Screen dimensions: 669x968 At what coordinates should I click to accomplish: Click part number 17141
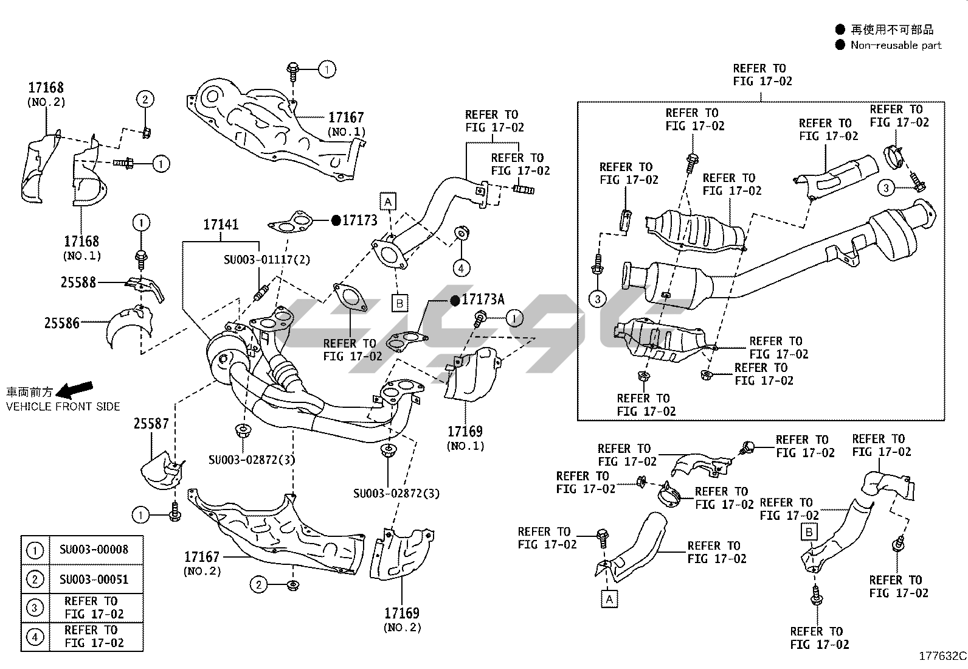coord(221,225)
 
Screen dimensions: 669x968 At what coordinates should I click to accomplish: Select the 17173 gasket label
coord(360,220)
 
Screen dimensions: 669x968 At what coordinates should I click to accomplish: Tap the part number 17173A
coord(483,299)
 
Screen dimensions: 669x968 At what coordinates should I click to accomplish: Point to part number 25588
coord(78,282)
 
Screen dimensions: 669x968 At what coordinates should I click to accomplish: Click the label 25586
coord(61,323)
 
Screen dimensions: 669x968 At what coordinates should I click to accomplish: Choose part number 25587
coord(151,423)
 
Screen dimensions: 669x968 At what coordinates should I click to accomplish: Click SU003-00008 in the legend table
coord(94,550)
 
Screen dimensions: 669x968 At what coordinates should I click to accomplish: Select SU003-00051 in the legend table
coord(94,580)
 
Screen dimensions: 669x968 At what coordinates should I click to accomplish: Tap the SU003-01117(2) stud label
coord(267,260)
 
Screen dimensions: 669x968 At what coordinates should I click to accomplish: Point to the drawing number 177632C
coord(942,656)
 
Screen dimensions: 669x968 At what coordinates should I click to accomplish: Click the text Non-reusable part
coord(896,45)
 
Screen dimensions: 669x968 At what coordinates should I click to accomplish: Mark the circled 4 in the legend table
coord(35,637)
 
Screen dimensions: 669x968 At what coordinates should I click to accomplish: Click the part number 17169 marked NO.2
coord(402,613)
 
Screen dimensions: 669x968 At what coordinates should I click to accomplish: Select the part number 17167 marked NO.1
coord(346,117)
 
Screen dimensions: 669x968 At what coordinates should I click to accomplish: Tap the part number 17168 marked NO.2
coord(46,88)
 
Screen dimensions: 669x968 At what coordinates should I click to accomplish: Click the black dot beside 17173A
coord(454,300)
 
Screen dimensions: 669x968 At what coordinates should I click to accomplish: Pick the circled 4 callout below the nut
coord(461,268)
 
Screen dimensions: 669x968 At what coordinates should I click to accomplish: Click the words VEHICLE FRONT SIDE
coord(63,407)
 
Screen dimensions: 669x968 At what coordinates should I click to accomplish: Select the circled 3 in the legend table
coord(35,608)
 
